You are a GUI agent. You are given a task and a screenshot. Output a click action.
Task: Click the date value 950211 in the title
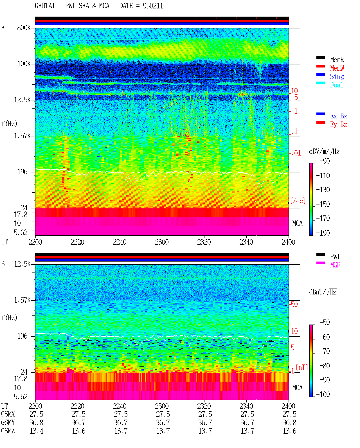point(153,6)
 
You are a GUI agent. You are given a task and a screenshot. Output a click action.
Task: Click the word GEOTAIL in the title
point(47,6)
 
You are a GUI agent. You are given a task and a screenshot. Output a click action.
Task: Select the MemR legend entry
point(337,60)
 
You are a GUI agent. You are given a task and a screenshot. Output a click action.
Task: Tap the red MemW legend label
point(337,68)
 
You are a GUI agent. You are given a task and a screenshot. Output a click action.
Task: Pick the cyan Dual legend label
point(337,85)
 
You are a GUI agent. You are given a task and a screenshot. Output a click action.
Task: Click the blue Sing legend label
point(337,76)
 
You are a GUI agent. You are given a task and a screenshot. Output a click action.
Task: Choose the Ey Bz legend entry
point(339,125)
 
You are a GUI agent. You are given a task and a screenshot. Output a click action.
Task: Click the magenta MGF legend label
point(335,265)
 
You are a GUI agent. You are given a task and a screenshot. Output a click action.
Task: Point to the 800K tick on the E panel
point(24,28)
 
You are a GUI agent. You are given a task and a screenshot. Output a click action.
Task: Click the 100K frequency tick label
point(24,64)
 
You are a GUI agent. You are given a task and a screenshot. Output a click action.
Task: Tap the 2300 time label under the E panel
point(162,242)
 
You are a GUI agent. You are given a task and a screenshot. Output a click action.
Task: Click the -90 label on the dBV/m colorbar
point(325,161)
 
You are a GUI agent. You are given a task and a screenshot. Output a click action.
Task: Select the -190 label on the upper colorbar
point(323,233)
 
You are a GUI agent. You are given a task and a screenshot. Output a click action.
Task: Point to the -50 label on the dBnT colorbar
point(325,322)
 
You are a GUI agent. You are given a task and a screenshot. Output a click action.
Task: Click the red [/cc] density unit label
point(298,201)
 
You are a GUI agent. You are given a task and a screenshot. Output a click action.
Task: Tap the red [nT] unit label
point(302,367)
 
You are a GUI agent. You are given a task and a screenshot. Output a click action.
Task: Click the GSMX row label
point(8,414)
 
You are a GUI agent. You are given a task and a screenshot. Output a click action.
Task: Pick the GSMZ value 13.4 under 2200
point(37,431)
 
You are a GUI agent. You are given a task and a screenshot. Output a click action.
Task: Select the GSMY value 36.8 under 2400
point(289,422)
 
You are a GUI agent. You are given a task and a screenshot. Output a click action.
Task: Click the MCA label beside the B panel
point(297,388)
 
